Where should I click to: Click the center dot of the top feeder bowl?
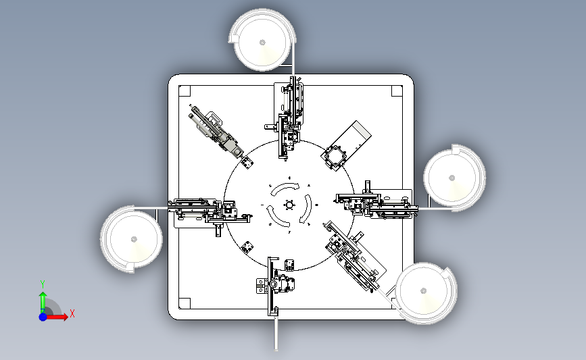(262, 43)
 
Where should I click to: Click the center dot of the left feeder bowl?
(135, 239)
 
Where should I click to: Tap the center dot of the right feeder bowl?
(451, 178)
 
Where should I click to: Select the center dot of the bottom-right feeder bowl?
(423, 290)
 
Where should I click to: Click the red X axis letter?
(72, 313)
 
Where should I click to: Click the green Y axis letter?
(43, 284)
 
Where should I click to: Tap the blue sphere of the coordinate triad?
(43, 317)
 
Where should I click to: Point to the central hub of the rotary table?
(289, 205)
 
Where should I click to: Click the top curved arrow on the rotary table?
(285, 188)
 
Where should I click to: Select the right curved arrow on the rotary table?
(308, 209)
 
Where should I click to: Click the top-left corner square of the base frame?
(185, 91)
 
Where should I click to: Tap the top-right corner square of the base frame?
(397, 91)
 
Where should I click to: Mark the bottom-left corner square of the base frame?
(185, 303)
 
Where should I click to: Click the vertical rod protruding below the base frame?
(276, 334)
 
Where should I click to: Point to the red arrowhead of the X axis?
(65, 317)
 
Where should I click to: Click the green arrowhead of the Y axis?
(43, 295)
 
